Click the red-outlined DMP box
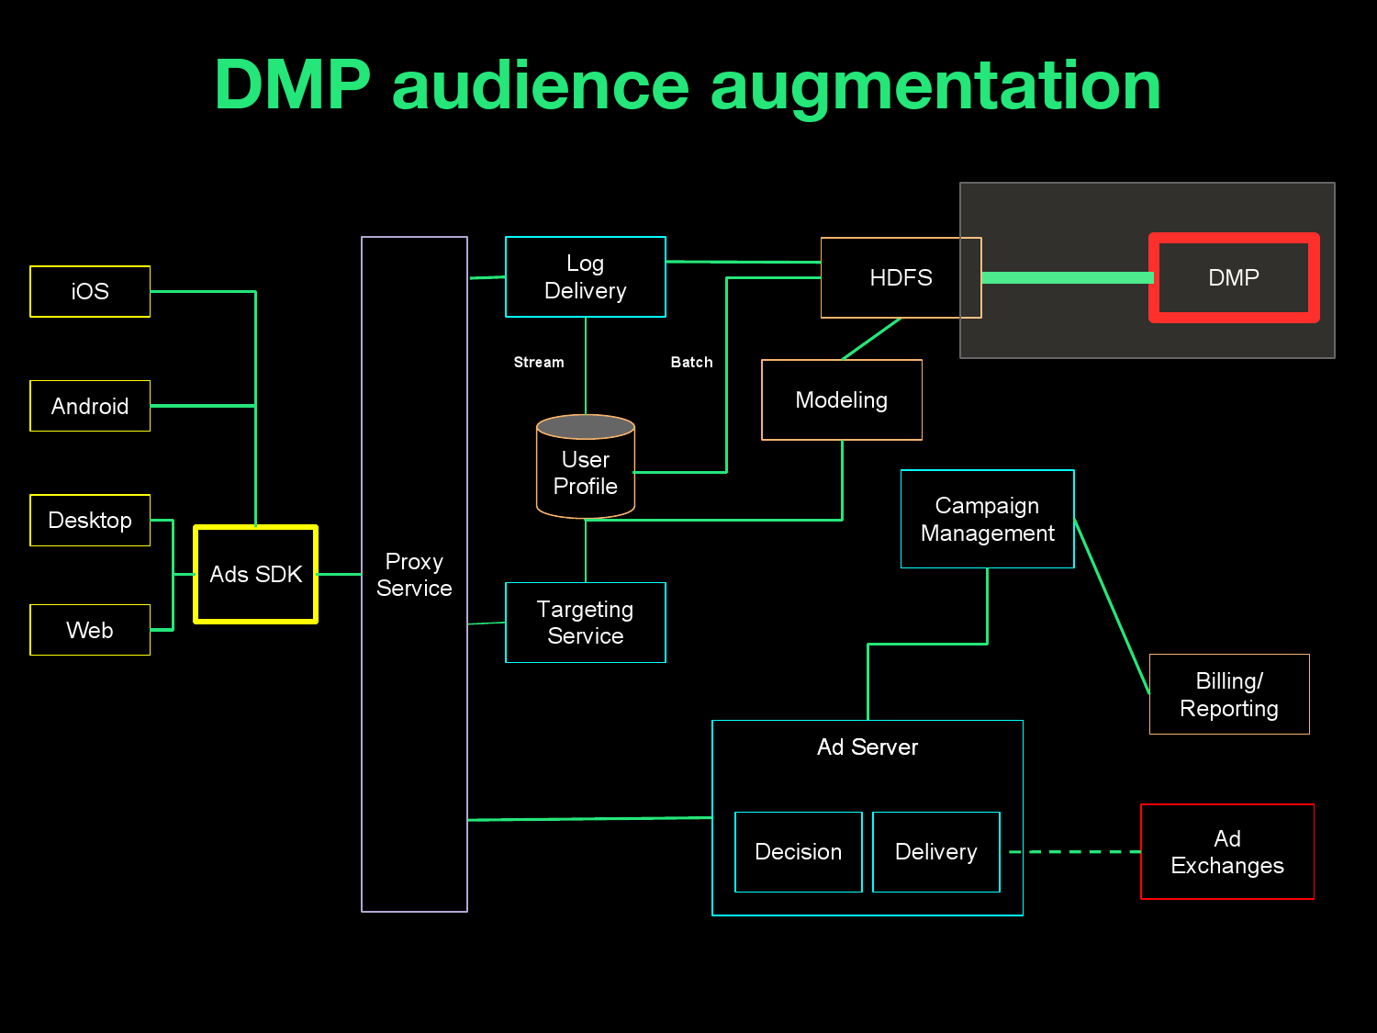click(1234, 277)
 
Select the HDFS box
click(901, 277)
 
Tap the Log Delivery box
click(585, 276)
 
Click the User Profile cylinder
click(585, 471)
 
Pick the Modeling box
click(841, 399)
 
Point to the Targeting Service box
click(585, 622)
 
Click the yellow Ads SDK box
click(255, 574)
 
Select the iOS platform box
click(90, 291)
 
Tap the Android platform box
click(90, 406)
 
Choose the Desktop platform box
click(90, 520)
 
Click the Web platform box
click(90, 630)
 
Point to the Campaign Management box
click(987, 519)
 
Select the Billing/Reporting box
click(1228, 694)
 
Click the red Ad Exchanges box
click(1226, 851)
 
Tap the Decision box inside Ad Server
click(798, 851)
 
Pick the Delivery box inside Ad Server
click(935, 851)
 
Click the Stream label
click(539, 362)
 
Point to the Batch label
click(691, 362)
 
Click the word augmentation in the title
click(935, 85)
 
